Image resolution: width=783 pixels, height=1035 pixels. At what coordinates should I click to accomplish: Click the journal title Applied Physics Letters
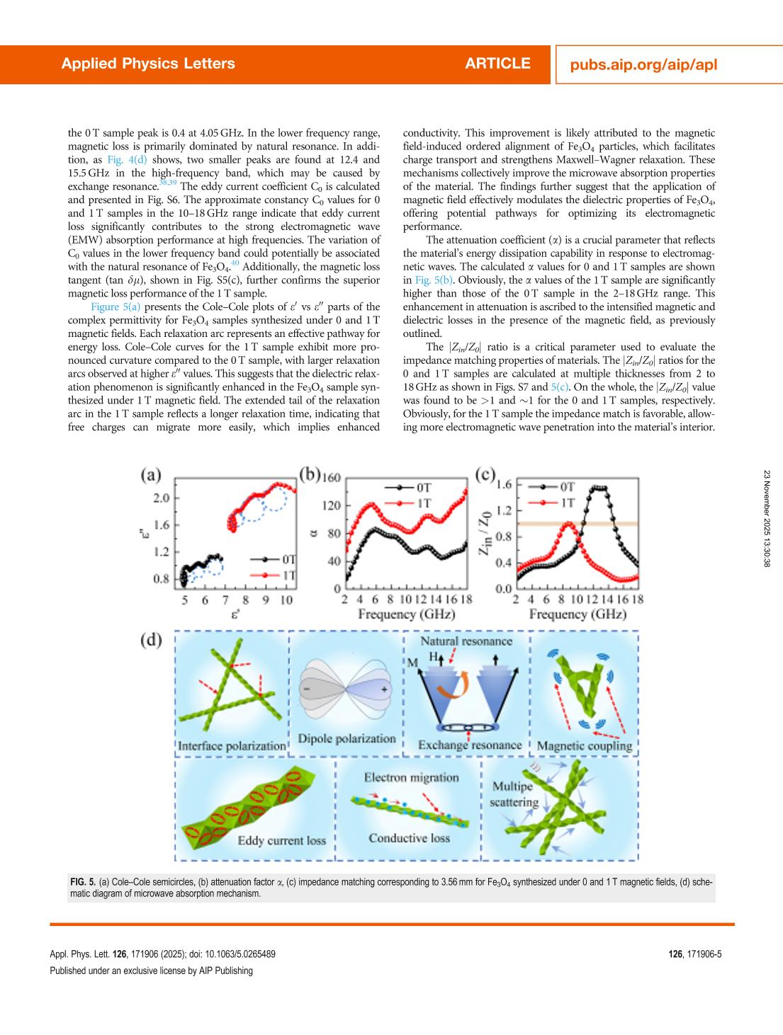tap(148, 64)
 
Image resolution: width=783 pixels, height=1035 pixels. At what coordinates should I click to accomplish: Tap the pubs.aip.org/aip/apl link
tap(643, 64)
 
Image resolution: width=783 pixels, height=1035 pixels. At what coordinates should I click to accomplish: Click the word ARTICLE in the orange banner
tap(497, 64)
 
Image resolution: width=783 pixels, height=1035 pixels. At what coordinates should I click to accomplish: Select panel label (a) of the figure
tap(150, 475)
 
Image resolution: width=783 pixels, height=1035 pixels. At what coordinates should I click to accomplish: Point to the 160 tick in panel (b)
tap(332, 477)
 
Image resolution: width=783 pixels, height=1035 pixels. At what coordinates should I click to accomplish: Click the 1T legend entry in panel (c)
tap(568, 503)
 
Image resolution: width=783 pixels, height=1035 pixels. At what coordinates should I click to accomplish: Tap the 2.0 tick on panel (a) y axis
tap(162, 498)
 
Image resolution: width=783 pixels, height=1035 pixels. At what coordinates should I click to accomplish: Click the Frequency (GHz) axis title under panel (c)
tap(578, 614)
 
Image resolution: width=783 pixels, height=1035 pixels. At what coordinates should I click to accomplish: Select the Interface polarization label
tap(232, 745)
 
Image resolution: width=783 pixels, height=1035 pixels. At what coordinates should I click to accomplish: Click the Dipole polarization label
tap(347, 738)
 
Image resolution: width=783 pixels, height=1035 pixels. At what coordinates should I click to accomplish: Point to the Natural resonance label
tap(466, 641)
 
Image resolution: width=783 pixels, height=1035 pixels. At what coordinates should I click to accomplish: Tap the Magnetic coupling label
tap(584, 745)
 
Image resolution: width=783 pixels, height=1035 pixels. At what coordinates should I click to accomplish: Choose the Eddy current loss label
tap(281, 840)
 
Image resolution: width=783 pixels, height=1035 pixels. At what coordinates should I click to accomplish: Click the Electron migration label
tap(411, 777)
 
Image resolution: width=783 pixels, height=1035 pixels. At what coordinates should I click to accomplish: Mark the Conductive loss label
tap(409, 838)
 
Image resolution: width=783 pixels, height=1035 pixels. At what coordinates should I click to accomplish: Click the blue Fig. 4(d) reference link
tap(128, 160)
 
